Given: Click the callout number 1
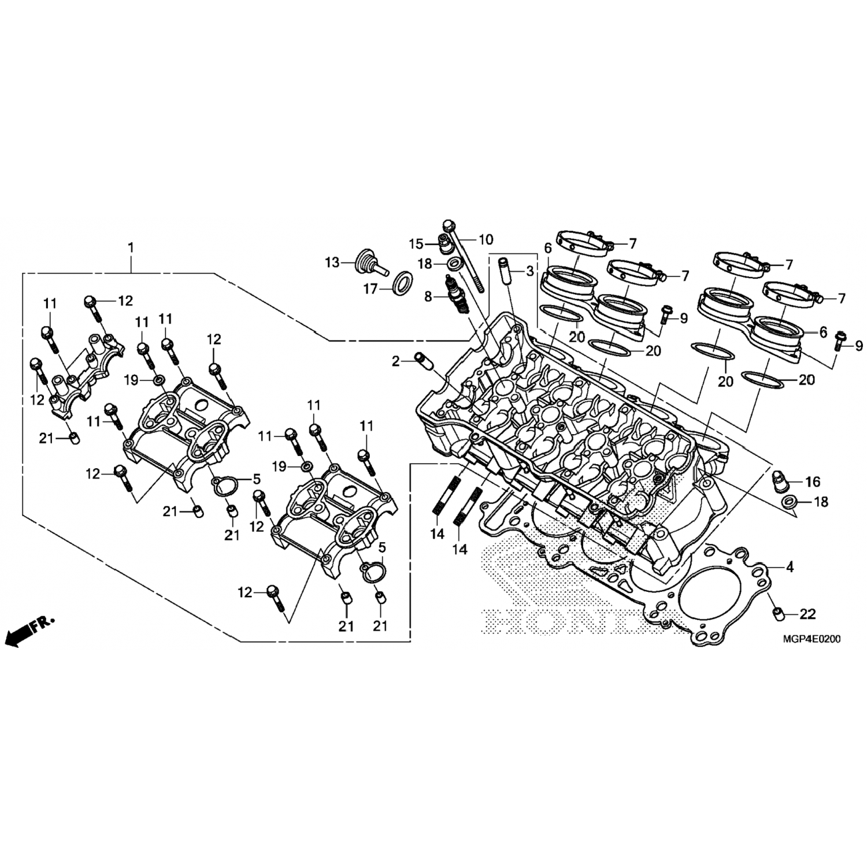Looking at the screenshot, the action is click(131, 247).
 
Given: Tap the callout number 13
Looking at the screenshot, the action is click(332, 263).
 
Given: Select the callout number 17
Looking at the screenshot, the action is click(370, 288).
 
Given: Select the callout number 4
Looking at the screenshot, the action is click(790, 567).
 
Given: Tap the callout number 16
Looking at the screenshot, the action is click(812, 481).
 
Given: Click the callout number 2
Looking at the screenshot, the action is click(395, 362).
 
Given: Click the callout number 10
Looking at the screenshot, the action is click(486, 239).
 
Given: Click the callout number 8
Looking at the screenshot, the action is click(428, 297).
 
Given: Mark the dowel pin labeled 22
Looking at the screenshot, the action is click(779, 613).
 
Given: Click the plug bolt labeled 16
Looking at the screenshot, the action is click(781, 480).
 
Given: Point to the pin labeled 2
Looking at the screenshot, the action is click(424, 362).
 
